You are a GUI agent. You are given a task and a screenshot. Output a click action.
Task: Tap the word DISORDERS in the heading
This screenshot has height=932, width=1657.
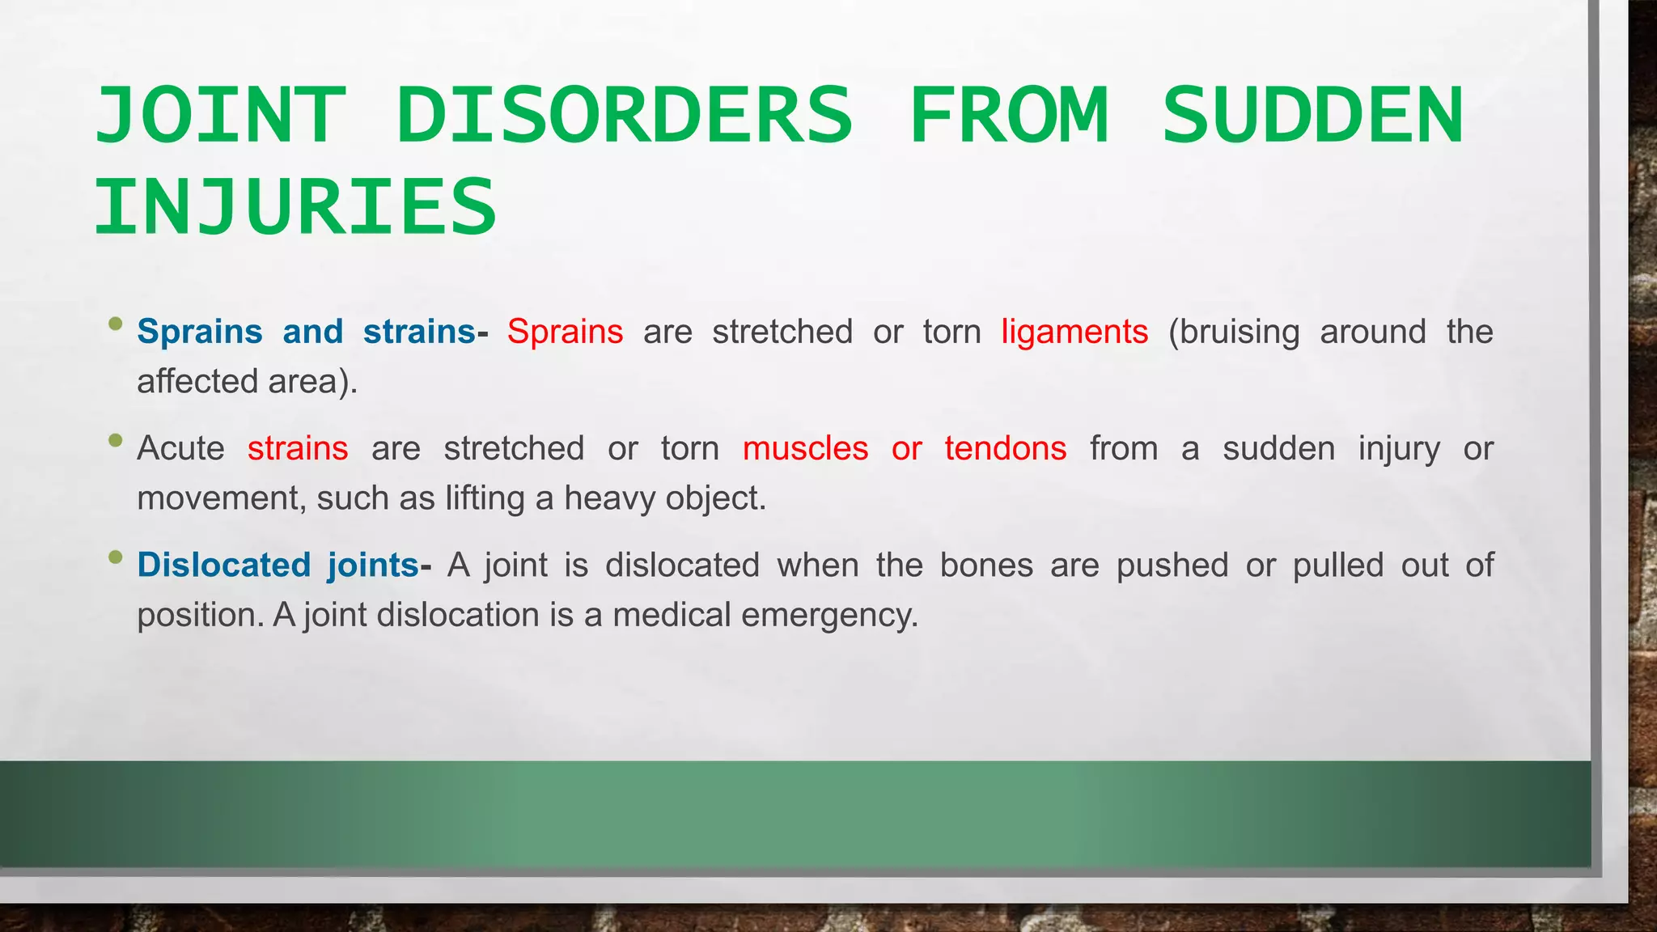(624, 116)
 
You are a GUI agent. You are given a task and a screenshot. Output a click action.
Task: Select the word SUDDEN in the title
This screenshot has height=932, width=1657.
(1312, 116)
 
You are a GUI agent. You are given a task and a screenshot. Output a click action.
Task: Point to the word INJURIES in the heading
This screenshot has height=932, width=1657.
(295, 208)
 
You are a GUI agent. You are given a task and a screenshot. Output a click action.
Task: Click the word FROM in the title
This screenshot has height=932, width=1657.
(1008, 116)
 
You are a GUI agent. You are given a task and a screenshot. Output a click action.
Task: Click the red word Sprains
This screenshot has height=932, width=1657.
(565, 332)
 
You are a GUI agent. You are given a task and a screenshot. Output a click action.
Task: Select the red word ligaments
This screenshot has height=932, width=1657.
(1074, 332)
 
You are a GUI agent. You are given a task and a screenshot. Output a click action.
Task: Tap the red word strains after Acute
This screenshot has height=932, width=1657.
(298, 448)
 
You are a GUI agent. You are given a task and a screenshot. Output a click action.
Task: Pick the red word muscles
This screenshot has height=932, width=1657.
(805, 448)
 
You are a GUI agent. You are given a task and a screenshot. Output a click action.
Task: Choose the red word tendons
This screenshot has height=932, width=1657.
(1005, 448)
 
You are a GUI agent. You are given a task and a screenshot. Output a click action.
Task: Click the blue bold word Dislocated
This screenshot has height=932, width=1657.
(224, 565)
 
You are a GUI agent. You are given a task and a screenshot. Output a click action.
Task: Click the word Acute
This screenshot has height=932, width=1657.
(180, 448)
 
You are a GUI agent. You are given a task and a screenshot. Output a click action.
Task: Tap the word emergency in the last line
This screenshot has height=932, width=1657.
(829, 615)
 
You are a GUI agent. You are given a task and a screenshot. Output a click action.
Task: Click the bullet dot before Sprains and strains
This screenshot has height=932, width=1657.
(116, 324)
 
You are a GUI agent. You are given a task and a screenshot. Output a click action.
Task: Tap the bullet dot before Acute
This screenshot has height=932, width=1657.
(116, 441)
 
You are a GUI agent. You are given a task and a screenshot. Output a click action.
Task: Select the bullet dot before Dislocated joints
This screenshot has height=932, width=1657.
(116, 557)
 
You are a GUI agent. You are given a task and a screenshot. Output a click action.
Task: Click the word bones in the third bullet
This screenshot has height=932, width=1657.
(986, 565)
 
